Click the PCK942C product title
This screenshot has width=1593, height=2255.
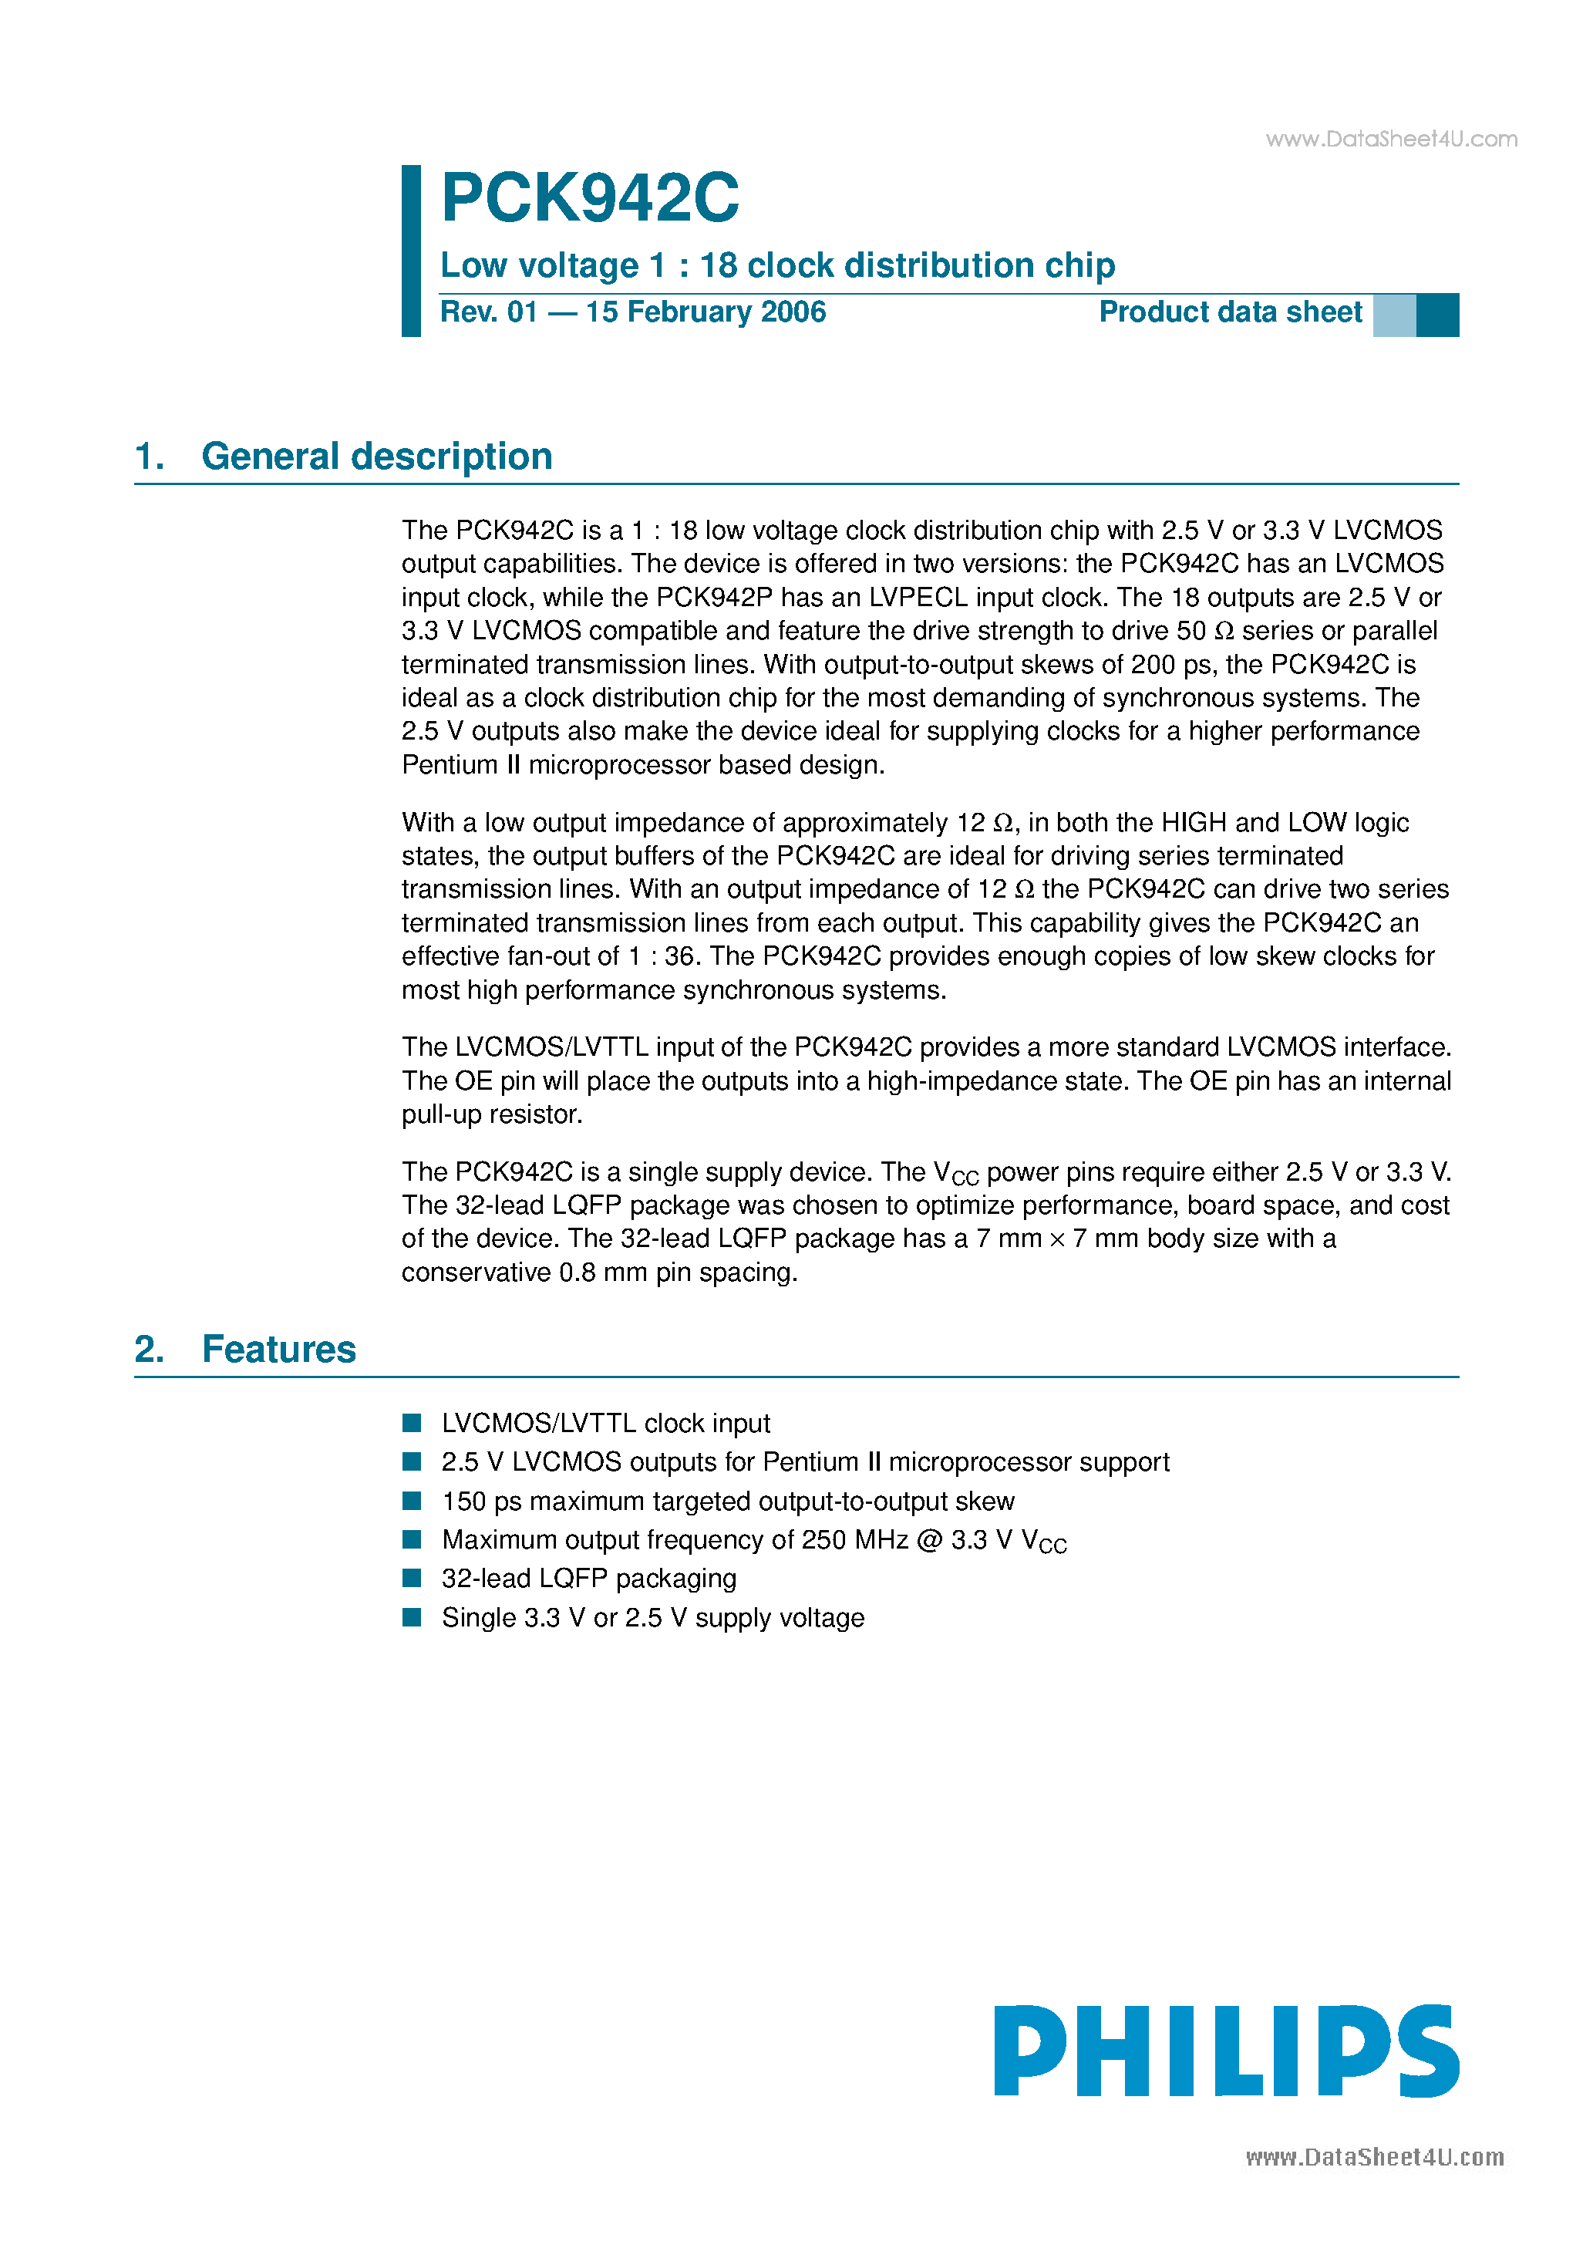(589, 198)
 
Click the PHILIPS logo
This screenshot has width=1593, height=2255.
(1226, 2051)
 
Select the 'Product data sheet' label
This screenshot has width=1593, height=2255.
(1230, 312)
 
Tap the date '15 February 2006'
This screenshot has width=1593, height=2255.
(706, 312)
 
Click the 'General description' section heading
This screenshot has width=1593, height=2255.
(376, 457)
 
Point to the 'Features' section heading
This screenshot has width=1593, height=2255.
(279, 1350)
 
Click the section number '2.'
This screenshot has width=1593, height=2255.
(150, 1350)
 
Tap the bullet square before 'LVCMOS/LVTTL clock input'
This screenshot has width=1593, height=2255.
(412, 1423)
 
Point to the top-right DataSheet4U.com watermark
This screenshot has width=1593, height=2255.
(1391, 140)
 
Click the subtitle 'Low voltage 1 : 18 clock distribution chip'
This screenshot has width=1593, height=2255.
(777, 265)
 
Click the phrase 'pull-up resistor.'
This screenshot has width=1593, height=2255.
(492, 1114)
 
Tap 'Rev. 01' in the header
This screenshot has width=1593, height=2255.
(488, 312)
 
